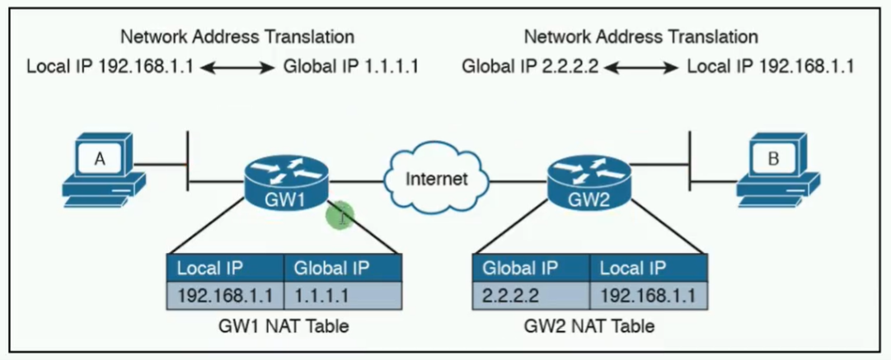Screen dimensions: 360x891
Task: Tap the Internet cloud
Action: [437, 178]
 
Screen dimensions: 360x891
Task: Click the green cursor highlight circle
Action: [340, 216]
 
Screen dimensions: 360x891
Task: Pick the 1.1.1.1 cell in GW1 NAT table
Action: [343, 295]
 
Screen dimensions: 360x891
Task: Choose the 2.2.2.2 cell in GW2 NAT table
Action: [531, 295]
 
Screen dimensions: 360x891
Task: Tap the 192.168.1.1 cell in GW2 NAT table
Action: [649, 295]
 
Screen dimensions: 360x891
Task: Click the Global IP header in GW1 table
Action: [343, 268]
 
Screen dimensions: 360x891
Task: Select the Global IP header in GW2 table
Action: [531, 268]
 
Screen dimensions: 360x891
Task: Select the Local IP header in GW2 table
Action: [649, 268]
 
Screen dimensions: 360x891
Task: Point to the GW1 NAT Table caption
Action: [284, 326]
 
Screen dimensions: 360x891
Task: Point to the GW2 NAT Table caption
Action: [589, 326]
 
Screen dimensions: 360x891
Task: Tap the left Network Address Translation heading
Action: [237, 36]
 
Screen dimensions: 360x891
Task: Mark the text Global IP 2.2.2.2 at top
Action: [529, 67]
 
